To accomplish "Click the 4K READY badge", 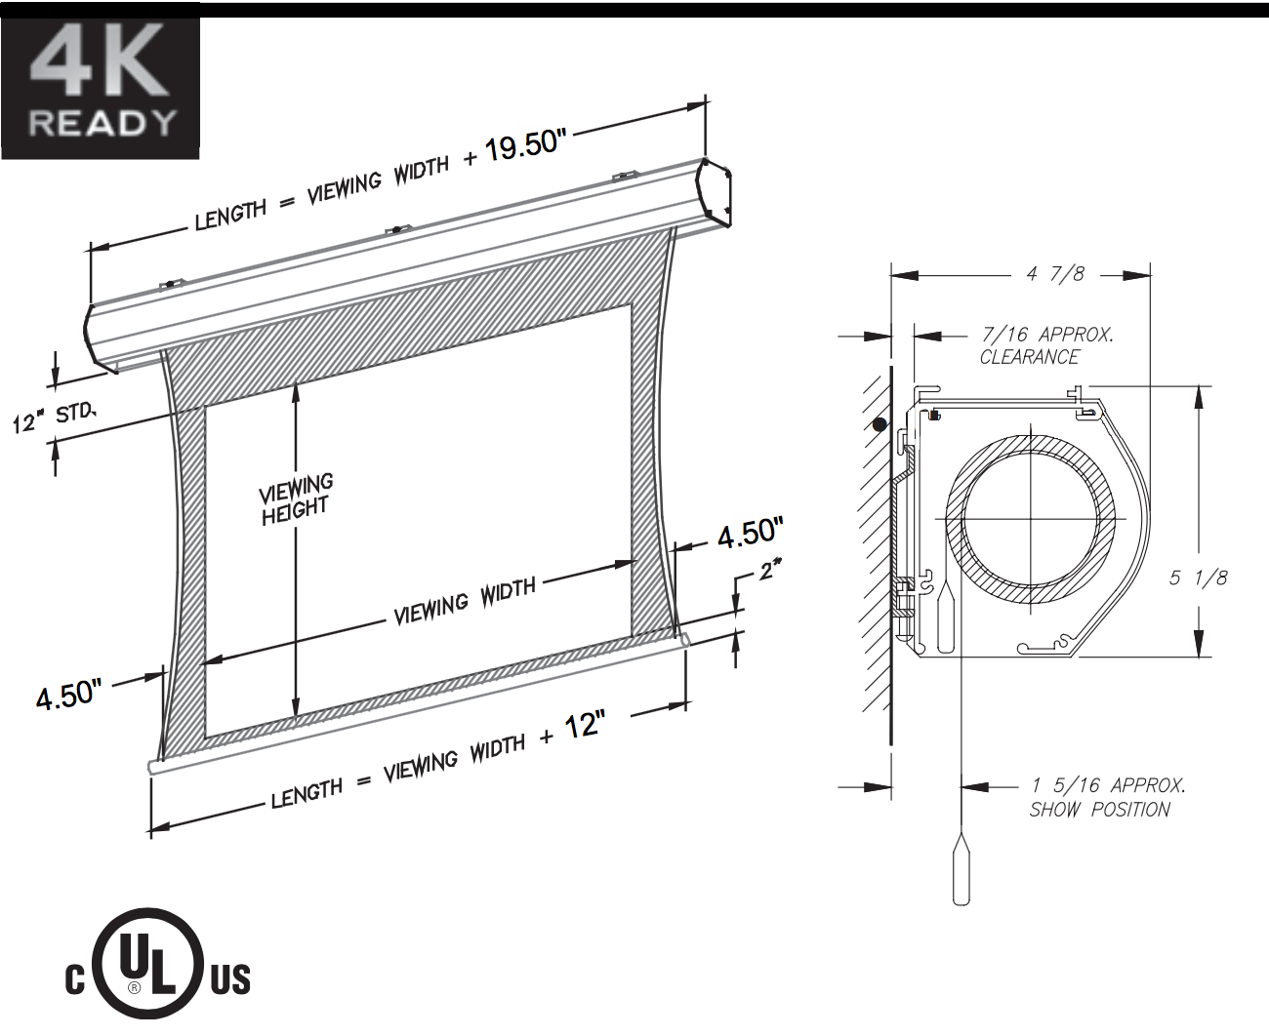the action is (x=101, y=82).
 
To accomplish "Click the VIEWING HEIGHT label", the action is (x=296, y=499).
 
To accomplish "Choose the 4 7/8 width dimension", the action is (x=1055, y=274).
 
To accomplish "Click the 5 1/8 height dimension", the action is (x=1198, y=578).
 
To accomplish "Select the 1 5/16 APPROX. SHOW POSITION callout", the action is (x=1107, y=797).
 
